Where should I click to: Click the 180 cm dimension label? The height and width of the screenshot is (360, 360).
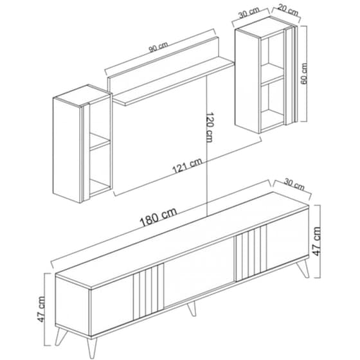[158, 217]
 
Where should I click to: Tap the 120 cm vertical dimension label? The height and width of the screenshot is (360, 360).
[210, 127]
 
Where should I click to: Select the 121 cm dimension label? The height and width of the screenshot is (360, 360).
[187, 166]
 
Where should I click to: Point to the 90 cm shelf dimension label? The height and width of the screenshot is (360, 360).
[158, 47]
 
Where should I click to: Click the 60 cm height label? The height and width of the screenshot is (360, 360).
[303, 74]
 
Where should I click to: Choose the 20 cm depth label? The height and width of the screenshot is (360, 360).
[288, 10]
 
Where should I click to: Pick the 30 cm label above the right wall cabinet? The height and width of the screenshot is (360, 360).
[249, 13]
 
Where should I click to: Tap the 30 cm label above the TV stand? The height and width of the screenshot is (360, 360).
[294, 184]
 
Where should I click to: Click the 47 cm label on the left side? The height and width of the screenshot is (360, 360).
[41, 309]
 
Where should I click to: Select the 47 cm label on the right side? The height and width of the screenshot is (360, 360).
[317, 241]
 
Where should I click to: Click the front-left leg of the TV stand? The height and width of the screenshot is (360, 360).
[60, 336]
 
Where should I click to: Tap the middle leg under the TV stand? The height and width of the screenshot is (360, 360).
[192, 309]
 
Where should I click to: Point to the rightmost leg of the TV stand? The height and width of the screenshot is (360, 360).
[303, 269]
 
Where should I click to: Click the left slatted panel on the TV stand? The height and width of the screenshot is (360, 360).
[148, 292]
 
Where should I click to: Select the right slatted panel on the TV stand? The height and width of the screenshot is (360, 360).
[251, 253]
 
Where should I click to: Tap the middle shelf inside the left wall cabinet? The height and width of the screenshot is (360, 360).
[100, 141]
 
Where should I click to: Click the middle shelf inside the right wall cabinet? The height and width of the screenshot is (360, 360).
[273, 73]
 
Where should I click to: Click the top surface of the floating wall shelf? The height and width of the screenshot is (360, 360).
[173, 81]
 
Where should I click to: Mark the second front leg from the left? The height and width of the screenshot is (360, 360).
[92, 348]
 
